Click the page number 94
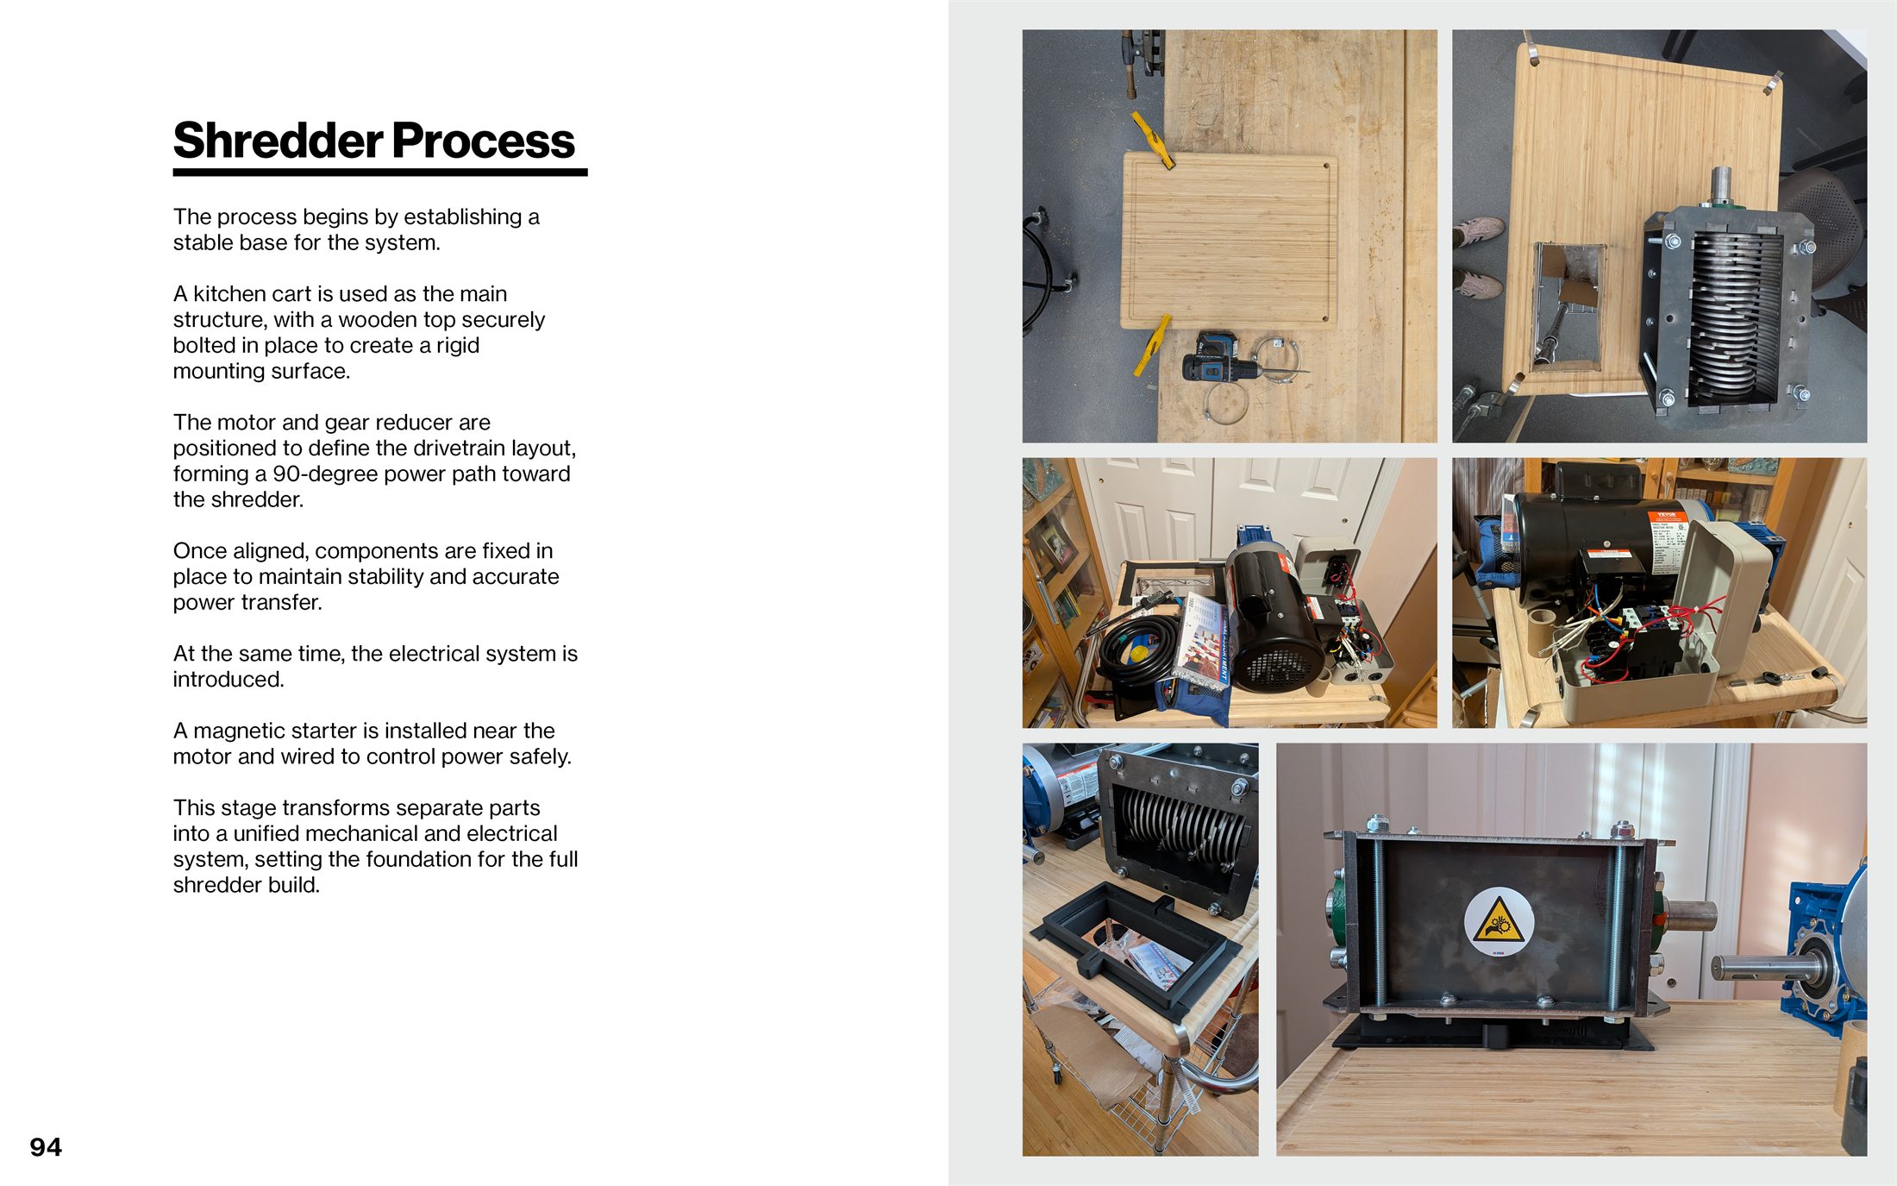tap(46, 1147)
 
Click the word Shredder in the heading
tap(278, 141)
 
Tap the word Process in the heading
tap(483, 141)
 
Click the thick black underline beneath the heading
tap(379, 173)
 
